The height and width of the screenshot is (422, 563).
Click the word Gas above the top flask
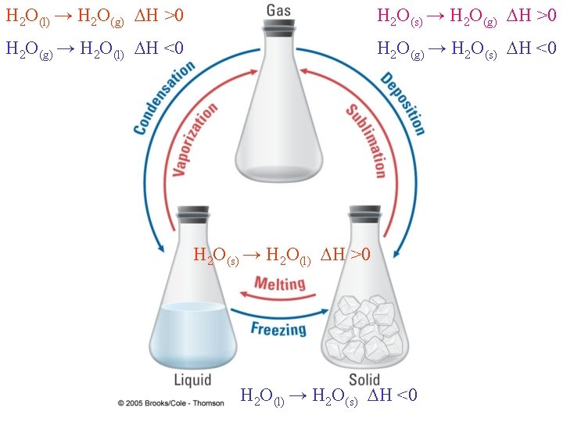[x=279, y=10]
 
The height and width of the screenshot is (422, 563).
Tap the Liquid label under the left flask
[x=192, y=380]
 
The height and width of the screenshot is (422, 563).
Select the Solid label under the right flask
[x=364, y=380]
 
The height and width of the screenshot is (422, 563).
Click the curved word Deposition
[x=403, y=102]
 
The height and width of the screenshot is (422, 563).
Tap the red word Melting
[x=280, y=283]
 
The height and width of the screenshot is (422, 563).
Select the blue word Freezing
[x=278, y=328]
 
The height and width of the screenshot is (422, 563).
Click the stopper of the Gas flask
[x=280, y=27]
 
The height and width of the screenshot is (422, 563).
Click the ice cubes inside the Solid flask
[x=365, y=329]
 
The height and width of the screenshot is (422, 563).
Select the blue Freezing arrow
[x=281, y=316]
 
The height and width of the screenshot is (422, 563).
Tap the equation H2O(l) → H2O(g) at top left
[x=94, y=16]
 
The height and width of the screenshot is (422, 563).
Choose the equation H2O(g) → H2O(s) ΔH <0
[x=466, y=48]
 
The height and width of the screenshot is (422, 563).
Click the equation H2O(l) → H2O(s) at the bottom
[x=328, y=396]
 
